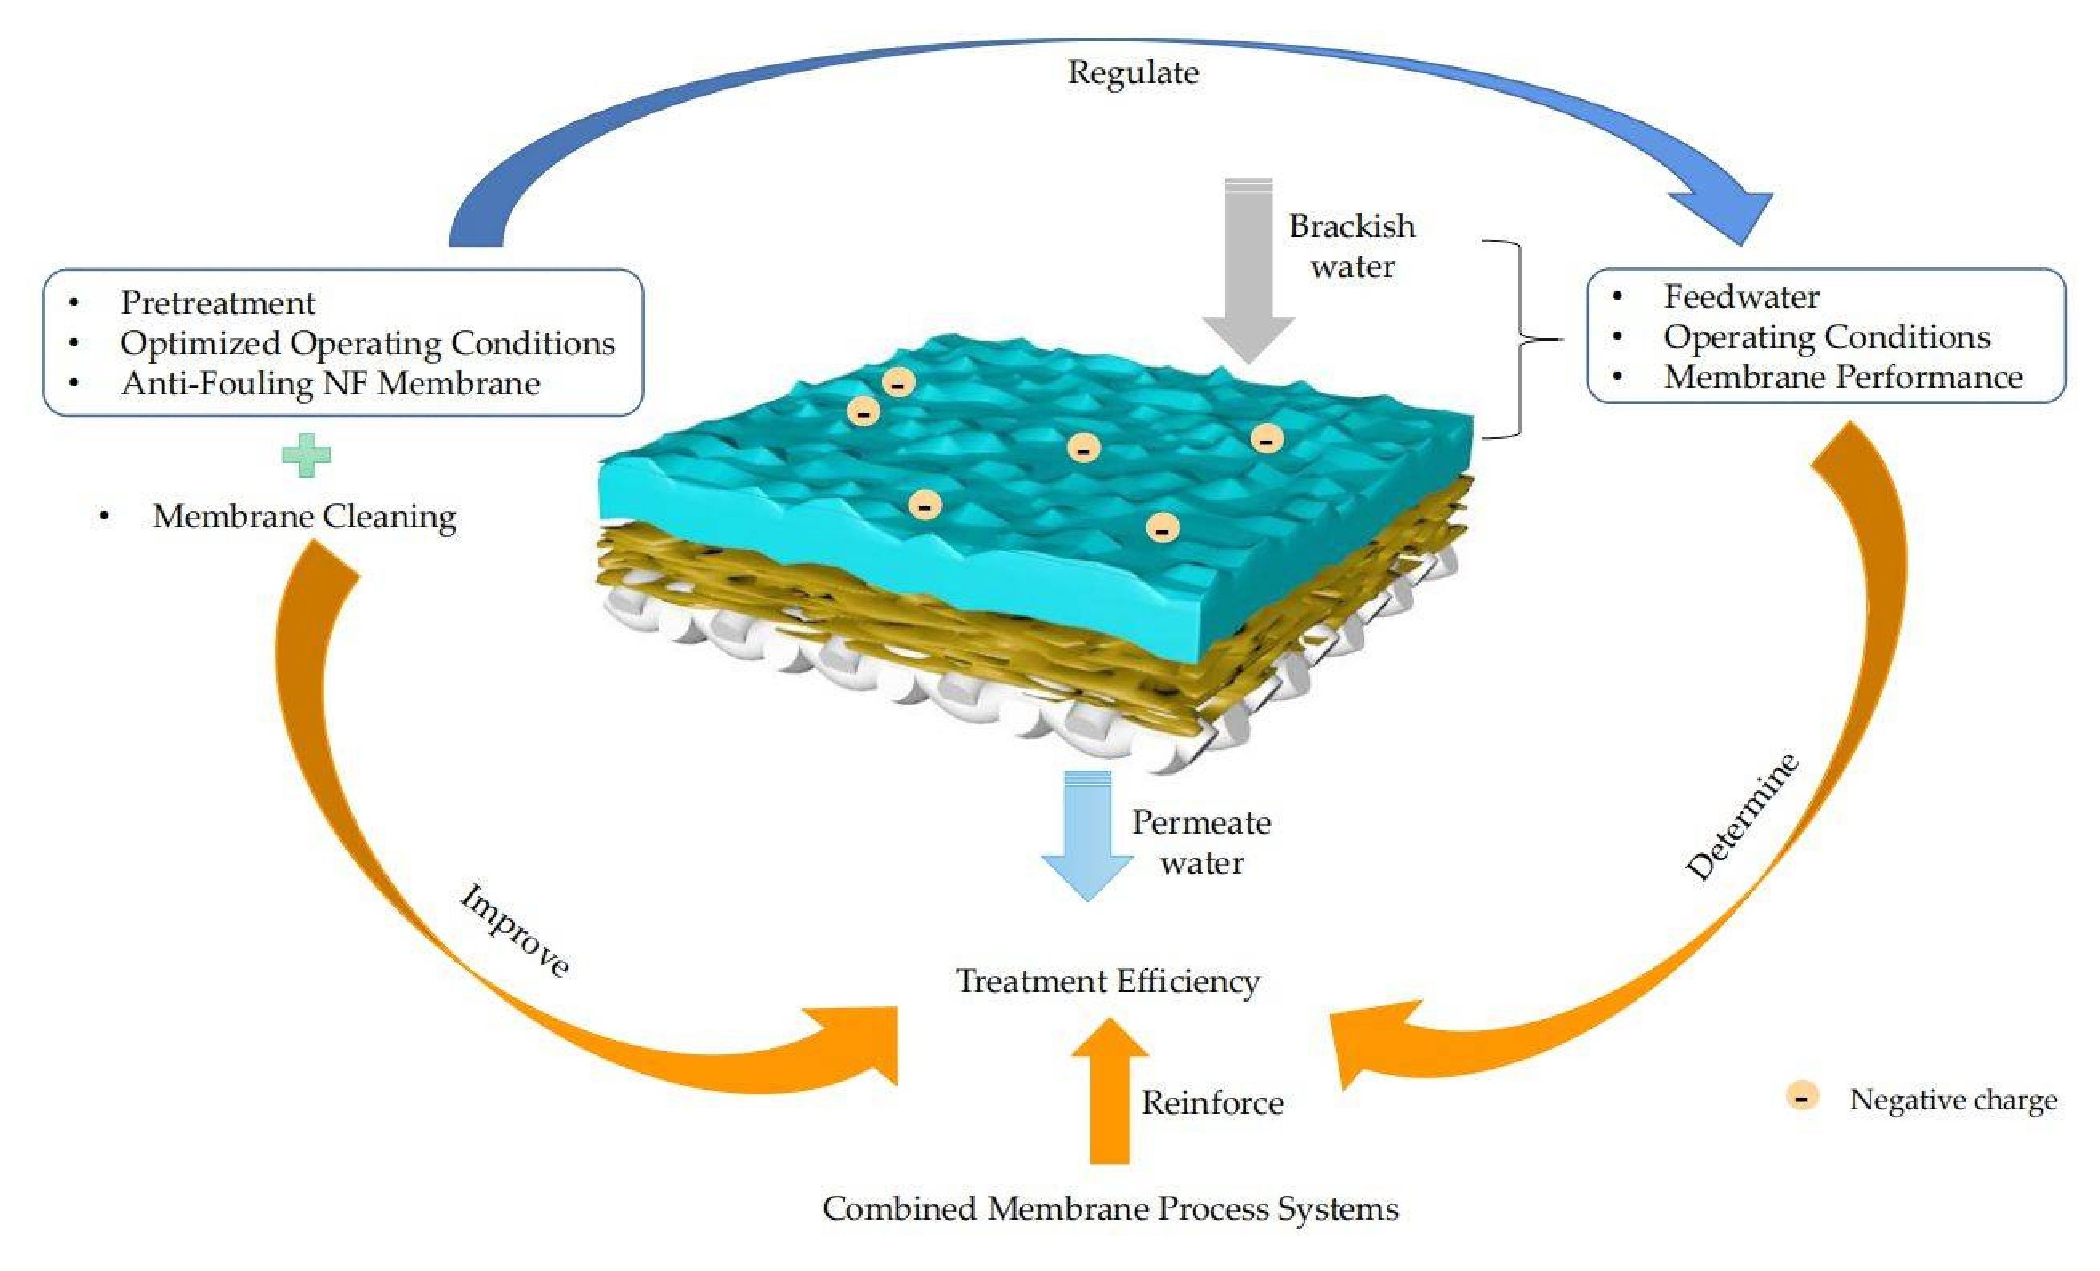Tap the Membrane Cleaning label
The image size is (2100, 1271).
tap(304, 517)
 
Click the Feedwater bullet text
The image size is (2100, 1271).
tap(1741, 297)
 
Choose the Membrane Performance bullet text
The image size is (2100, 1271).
tap(1842, 377)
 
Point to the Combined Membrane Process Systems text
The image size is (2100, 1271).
tap(1110, 1209)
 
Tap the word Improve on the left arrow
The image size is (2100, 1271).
tap(515, 931)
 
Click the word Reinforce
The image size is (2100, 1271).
tap(1212, 1103)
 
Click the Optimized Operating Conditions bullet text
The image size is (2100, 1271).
tap(367, 343)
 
